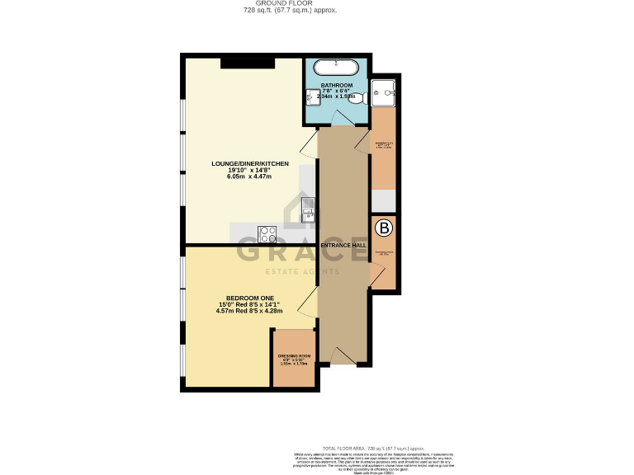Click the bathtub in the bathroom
coord(336,67)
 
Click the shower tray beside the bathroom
coord(383,92)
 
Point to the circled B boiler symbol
coord(383,227)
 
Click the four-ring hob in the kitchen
coord(266,233)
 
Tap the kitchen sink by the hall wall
coord(307,211)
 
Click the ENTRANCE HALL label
coord(343,246)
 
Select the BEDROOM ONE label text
coord(249,297)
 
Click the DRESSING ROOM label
coord(294,355)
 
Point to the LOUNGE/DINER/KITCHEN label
coord(249,164)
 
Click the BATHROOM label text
coord(337,85)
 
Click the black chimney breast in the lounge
coord(247,63)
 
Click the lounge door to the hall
coord(307,147)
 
